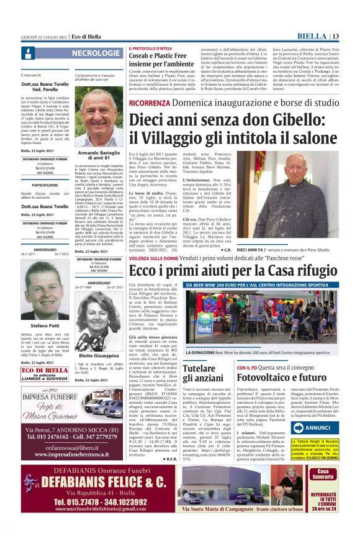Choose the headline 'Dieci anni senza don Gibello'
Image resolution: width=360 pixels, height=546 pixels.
coord(233,127)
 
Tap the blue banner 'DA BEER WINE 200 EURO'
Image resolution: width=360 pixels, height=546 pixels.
coord(261,285)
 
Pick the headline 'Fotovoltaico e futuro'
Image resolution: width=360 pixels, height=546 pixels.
coord(276,376)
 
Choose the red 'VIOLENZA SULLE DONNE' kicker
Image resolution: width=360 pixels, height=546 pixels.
coord(149,258)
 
